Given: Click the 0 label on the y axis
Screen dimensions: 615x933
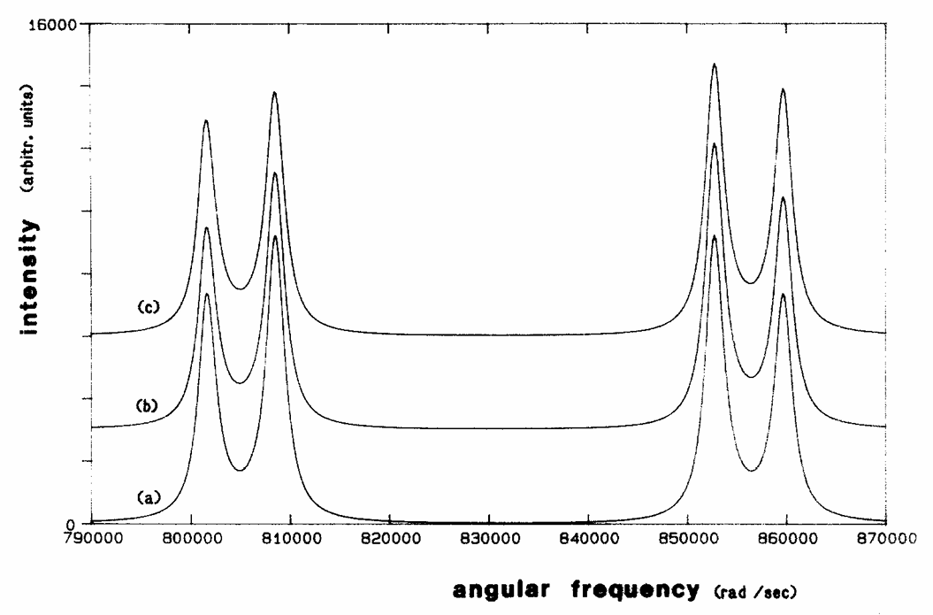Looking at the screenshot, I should pyautogui.click(x=79, y=523).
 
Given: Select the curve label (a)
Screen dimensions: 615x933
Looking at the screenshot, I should pyautogui.click(x=149, y=497).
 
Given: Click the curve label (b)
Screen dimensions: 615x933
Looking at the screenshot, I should pyautogui.click(x=148, y=406).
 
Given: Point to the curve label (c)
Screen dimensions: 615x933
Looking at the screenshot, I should pyautogui.click(x=149, y=306).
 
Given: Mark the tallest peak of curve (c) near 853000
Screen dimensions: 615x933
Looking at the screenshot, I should pyautogui.click(x=715, y=65).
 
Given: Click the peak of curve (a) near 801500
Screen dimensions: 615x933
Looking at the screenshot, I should pyautogui.click(x=207, y=294).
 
